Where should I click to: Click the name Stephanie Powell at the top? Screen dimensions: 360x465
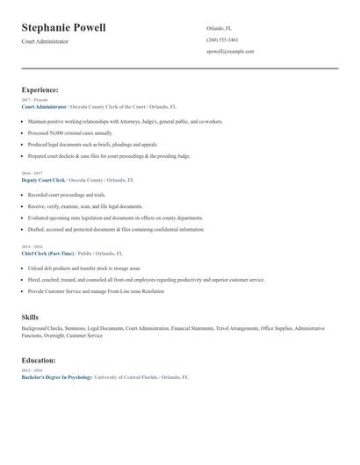[x=63, y=28]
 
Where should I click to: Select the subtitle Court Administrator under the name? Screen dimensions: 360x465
[x=45, y=42]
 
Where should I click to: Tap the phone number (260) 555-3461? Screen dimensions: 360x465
[x=222, y=39]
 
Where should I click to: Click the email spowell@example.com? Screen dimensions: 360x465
[x=230, y=51]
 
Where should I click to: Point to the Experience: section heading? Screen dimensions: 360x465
[x=40, y=89]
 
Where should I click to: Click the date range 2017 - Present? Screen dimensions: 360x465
[x=34, y=100]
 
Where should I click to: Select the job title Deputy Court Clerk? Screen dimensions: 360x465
[x=43, y=179]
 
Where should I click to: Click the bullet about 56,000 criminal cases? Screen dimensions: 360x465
[x=70, y=132]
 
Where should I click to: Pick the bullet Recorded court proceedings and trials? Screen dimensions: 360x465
[x=67, y=195]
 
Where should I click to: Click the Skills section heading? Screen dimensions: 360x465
[x=30, y=317]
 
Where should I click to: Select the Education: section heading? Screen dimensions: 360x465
[x=39, y=360]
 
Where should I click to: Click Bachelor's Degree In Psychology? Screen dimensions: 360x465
[x=56, y=376]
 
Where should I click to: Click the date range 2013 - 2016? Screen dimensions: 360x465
[x=31, y=369]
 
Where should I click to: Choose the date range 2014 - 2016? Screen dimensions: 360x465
[x=31, y=247]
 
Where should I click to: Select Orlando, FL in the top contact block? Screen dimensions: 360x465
[x=220, y=28]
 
